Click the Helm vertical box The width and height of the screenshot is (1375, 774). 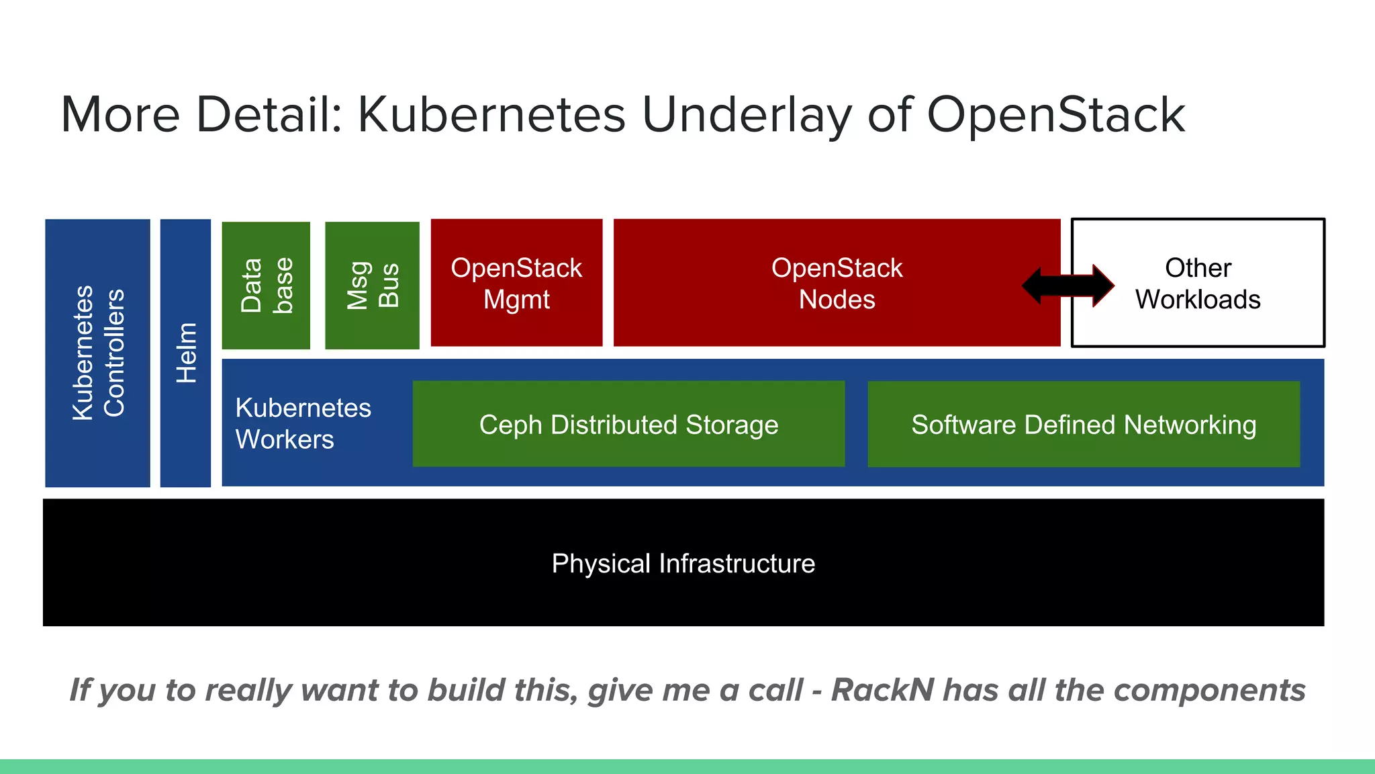coord(185,353)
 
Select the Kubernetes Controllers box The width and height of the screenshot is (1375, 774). coord(98,353)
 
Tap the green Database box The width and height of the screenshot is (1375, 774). coord(266,285)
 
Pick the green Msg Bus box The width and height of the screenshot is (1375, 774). coord(372,285)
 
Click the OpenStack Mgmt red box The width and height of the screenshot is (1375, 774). coord(516,283)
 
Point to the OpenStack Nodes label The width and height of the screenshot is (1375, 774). coord(837,284)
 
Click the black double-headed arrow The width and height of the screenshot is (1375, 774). coord(1068,286)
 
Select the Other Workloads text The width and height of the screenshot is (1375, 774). coord(1198,284)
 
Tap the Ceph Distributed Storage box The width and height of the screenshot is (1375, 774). coord(628,424)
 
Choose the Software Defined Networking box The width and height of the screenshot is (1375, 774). coord(1084,424)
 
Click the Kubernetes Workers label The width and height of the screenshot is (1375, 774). coord(302,423)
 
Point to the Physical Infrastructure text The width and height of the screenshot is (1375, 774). coord(683,563)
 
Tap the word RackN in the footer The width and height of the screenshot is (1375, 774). coord(882,690)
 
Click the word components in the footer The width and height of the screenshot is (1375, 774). coord(1209,690)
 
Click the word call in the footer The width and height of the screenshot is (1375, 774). coord(775,690)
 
